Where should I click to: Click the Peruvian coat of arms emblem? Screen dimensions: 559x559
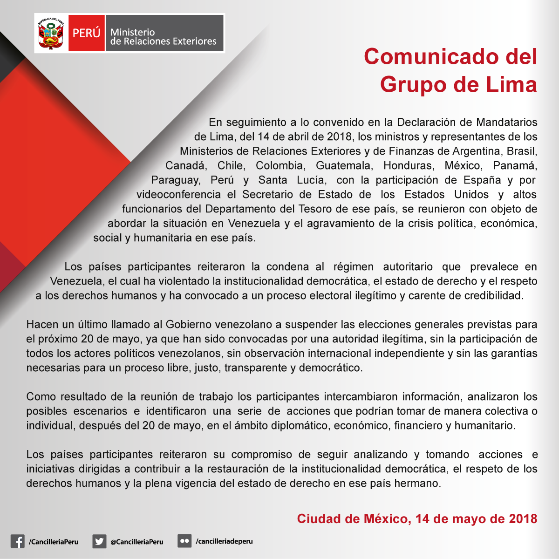51,33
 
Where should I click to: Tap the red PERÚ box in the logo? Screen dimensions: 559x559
86,33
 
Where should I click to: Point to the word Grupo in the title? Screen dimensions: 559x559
413,84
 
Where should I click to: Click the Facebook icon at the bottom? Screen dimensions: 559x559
17,541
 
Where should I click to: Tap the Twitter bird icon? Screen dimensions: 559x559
99,541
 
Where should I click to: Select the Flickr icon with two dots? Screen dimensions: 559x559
184,541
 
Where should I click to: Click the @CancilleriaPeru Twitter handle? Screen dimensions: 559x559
137,542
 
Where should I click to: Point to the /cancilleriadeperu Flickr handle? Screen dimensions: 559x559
224,541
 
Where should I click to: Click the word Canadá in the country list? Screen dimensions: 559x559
185,166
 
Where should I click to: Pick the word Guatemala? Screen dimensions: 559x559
344,166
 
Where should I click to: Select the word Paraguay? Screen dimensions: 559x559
176,180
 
